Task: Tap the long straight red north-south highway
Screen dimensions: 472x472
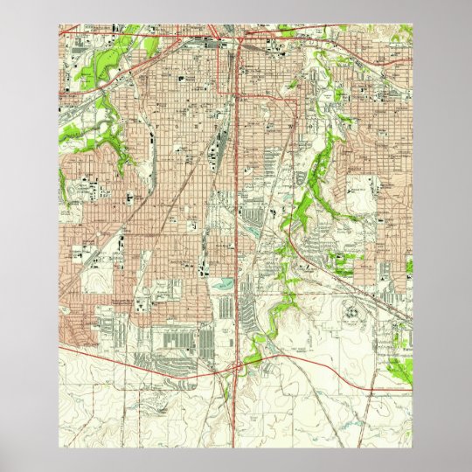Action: (237, 175)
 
